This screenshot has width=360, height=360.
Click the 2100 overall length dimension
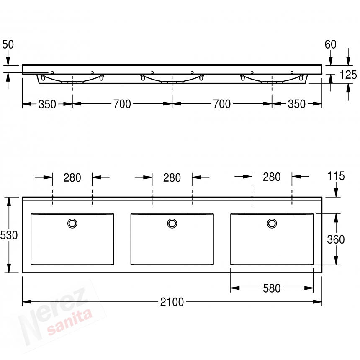pyautogui.click(x=172, y=302)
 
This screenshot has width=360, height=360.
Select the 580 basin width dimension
pyautogui.click(x=272, y=288)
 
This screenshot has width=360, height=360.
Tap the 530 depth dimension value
pyautogui.click(x=9, y=235)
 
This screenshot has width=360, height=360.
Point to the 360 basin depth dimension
pyautogui.click(x=336, y=239)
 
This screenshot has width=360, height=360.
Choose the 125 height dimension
pyautogui.click(x=348, y=75)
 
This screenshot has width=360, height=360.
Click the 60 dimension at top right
pyautogui.click(x=330, y=44)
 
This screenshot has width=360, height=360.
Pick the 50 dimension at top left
pyautogui.click(x=8, y=44)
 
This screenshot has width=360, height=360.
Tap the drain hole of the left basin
pyautogui.click(x=72, y=223)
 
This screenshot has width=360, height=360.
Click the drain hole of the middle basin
pyautogui.click(x=172, y=223)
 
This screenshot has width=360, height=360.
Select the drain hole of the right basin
pyautogui.click(x=272, y=223)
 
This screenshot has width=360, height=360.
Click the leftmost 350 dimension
pyautogui.click(x=47, y=104)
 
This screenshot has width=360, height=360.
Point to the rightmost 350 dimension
pyautogui.click(x=297, y=104)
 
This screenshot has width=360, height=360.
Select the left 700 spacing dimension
pyautogui.click(x=122, y=104)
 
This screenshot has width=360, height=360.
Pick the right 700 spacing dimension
pyautogui.click(x=222, y=104)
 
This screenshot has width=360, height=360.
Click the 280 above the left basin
pyautogui.click(x=72, y=178)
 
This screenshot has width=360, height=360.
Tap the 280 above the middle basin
pyautogui.click(x=172, y=178)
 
